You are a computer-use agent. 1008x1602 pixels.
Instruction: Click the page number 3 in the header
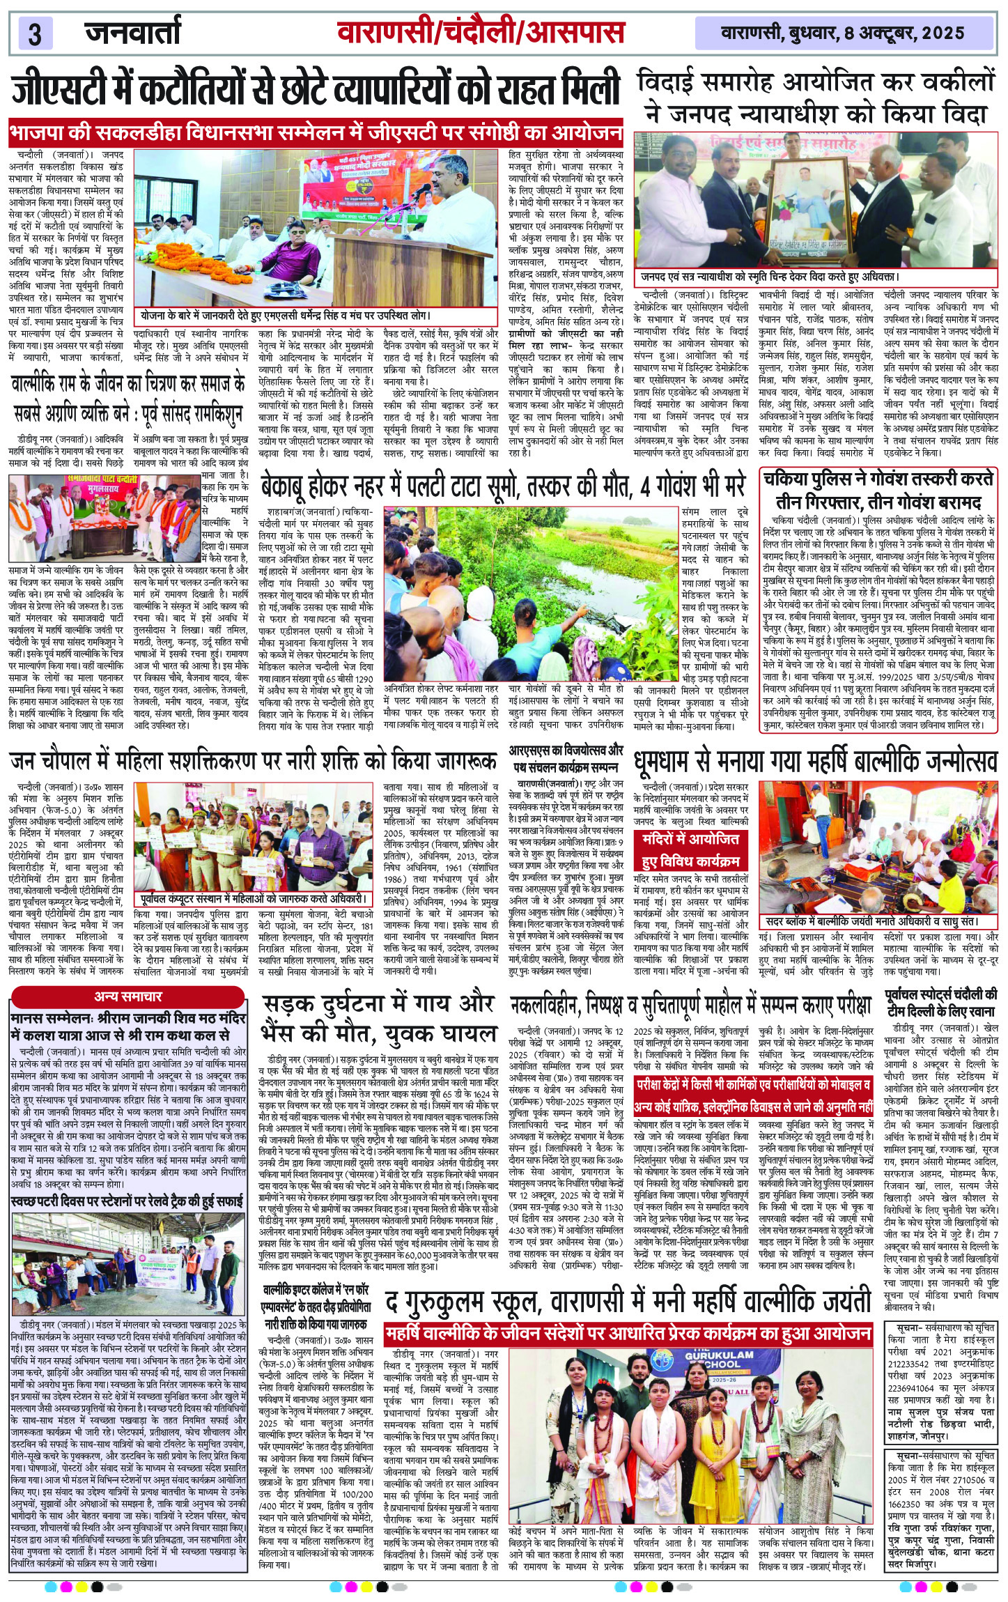coord(36,33)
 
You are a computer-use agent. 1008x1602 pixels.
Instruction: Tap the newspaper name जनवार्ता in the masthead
coord(132,32)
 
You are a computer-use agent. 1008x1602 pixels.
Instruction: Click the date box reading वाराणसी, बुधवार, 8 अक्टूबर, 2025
coord(842,33)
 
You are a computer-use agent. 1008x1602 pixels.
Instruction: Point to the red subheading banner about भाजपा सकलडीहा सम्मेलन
coord(315,133)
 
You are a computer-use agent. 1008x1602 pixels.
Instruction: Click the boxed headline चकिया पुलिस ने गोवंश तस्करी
coord(882,490)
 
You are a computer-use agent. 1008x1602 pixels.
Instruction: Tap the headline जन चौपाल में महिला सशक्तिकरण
coord(254,760)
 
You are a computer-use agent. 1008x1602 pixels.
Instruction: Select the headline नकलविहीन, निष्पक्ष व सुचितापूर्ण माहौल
coord(691,1004)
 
